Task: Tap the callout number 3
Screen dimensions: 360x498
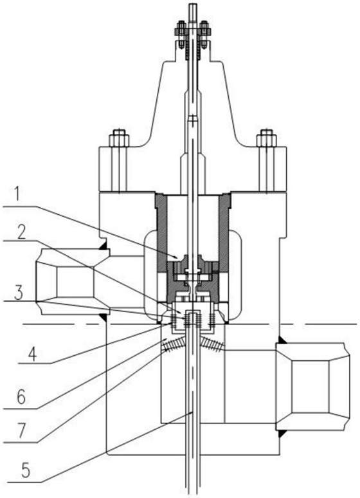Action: click(x=19, y=294)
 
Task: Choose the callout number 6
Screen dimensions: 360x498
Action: click(x=22, y=398)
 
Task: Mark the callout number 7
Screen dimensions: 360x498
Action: click(x=22, y=432)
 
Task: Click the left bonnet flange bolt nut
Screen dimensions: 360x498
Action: click(x=119, y=138)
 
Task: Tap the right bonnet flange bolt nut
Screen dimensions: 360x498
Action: click(x=266, y=138)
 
